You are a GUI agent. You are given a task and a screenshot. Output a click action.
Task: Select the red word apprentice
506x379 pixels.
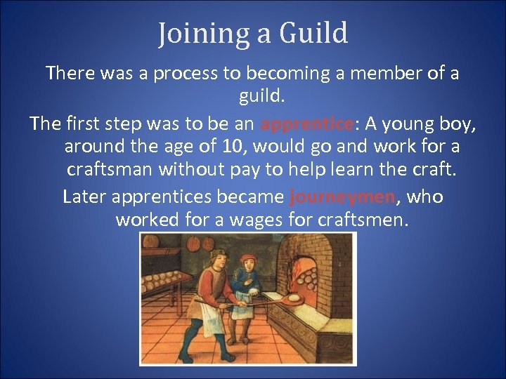(x=306, y=124)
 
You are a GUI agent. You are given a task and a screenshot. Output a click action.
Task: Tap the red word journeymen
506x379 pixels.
(x=342, y=197)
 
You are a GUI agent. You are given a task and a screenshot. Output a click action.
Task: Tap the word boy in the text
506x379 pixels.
(x=462, y=124)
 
